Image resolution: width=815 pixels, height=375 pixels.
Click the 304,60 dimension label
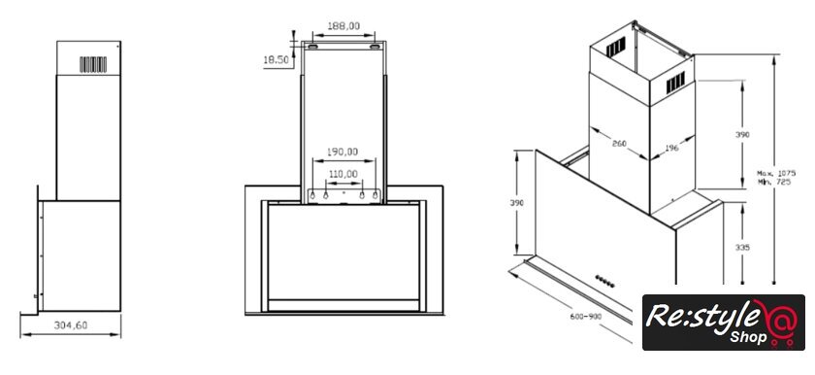71,325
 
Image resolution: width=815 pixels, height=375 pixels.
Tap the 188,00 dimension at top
343,26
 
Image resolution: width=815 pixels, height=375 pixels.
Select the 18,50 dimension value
276,60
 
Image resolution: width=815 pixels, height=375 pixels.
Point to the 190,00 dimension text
342,152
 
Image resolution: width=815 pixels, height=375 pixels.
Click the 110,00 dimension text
342,174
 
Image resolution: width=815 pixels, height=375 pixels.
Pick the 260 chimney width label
619,144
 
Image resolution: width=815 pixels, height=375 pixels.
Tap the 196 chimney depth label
671,149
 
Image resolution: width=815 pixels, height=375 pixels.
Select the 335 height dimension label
743,248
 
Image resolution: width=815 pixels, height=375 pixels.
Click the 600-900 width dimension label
585,316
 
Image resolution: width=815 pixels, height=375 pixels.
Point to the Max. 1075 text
776,173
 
